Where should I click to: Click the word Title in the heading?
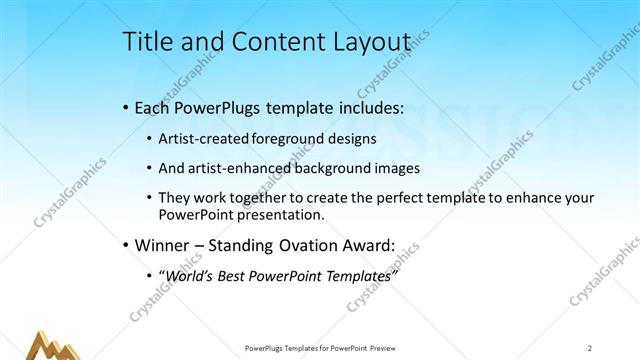click(146, 42)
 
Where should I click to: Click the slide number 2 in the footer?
click(590, 348)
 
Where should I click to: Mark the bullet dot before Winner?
click(125, 244)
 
